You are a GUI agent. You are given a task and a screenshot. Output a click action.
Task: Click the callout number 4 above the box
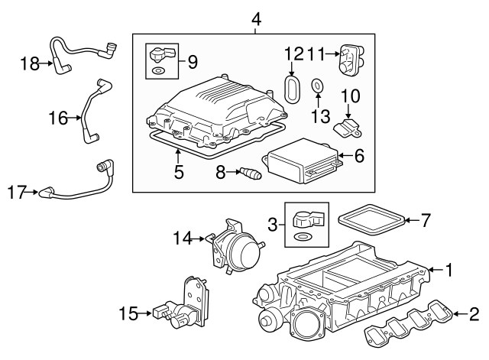click(x=256, y=18)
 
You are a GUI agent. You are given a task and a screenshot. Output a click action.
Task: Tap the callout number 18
click(x=30, y=64)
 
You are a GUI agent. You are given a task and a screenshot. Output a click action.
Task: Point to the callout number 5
click(x=178, y=172)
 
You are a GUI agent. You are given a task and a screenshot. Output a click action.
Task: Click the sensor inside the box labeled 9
click(x=160, y=56)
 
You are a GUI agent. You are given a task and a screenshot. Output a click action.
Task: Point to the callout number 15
click(x=130, y=313)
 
